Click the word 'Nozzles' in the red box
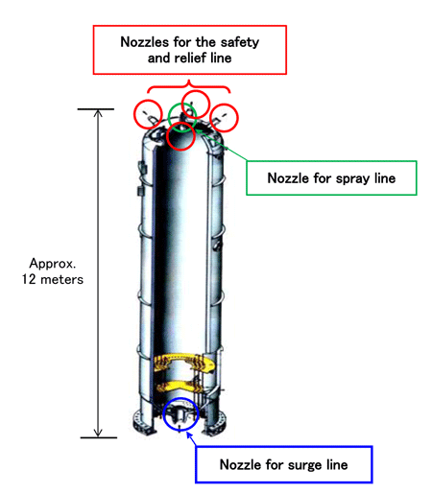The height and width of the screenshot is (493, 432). coord(145,42)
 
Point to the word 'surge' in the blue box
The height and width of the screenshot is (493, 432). coord(304,465)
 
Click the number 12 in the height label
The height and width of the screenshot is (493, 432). coord(29,279)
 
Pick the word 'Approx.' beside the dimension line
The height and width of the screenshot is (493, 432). coord(53,264)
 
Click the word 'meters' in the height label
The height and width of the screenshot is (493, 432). coord(61,279)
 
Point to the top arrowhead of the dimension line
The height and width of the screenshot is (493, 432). coord(98,112)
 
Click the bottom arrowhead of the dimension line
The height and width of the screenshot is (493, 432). coord(98,434)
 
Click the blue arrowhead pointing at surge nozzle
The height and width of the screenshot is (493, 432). coord(189,434)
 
